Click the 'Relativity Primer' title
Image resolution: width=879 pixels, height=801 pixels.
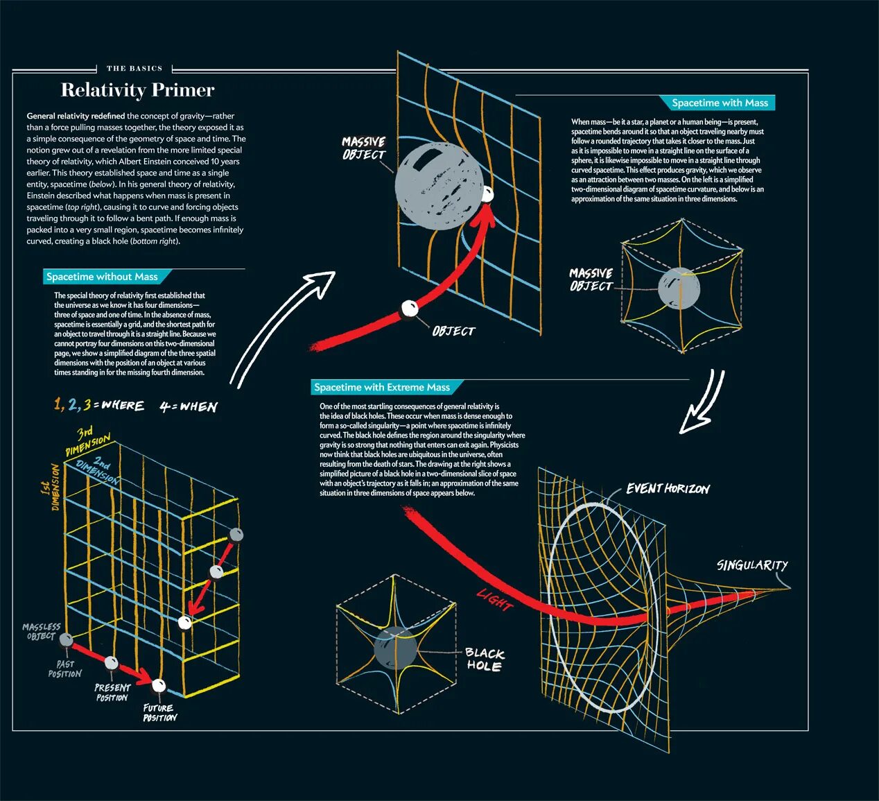pyautogui.click(x=137, y=90)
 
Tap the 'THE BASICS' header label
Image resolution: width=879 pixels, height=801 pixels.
pyautogui.click(x=134, y=69)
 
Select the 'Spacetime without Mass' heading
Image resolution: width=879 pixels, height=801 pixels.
pyautogui.click(x=102, y=277)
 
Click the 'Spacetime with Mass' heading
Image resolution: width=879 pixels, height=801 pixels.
pyautogui.click(x=720, y=103)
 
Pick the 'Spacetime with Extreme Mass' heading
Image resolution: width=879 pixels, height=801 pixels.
pyautogui.click(x=381, y=388)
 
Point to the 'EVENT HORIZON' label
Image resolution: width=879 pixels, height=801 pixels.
pyautogui.click(x=668, y=489)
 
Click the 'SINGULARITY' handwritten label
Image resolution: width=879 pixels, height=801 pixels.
pyautogui.click(x=752, y=565)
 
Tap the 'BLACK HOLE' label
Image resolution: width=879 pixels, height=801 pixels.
pyautogui.click(x=484, y=660)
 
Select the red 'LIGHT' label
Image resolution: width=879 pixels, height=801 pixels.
pyautogui.click(x=494, y=600)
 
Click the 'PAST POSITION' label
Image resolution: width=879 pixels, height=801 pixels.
pyautogui.click(x=64, y=669)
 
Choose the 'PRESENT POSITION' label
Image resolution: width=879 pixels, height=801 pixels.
pyautogui.click(x=112, y=692)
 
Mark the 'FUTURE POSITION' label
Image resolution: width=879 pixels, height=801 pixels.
pyautogui.click(x=159, y=713)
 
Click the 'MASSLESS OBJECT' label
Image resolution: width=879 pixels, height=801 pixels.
pyautogui.click(x=41, y=631)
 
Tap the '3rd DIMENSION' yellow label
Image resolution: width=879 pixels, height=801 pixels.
pyautogui.click(x=87, y=441)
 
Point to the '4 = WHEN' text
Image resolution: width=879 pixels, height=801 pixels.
pyautogui.click(x=189, y=406)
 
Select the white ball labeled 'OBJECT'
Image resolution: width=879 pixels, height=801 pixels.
pyautogui.click(x=410, y=309)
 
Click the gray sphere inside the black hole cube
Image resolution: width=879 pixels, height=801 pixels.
pyautogui.click(x=395, y=649)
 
